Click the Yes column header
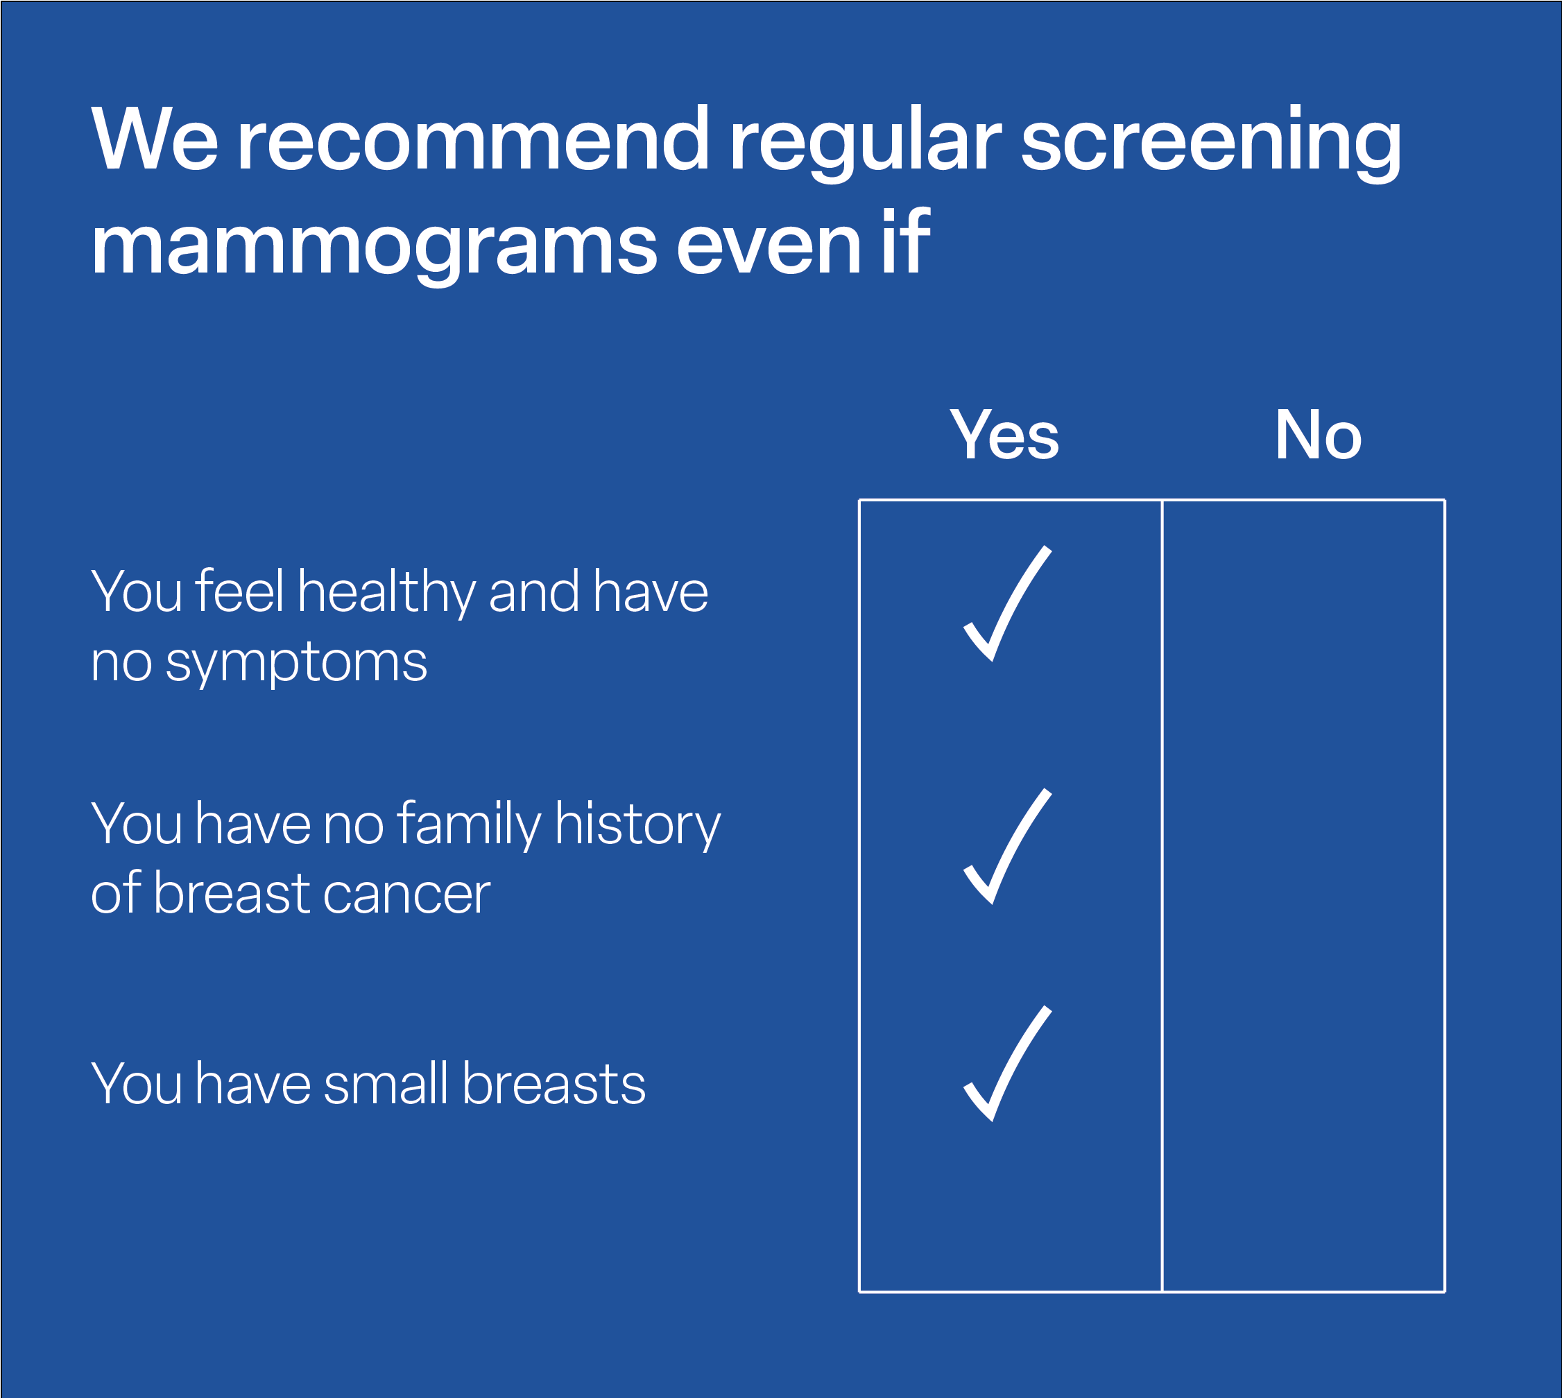pos(1004,435)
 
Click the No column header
pos(1319,435)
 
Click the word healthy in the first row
pos(386,592)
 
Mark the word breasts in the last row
pos(554,1083)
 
